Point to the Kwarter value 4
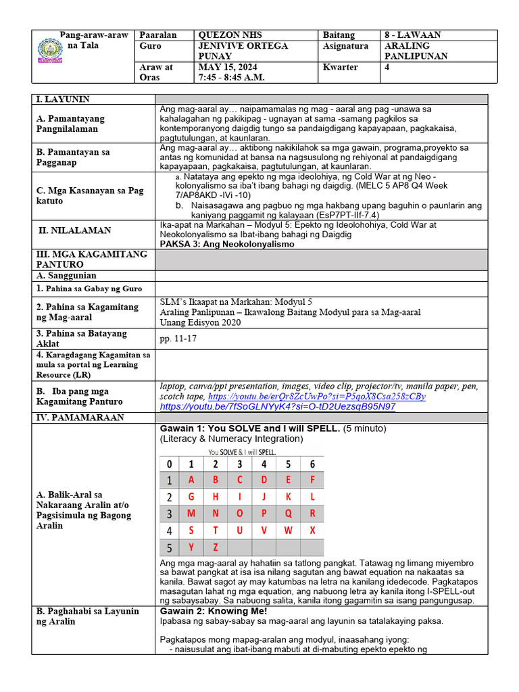tap(387, 68)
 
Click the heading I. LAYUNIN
tap(63, 99)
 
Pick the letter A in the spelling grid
tap(191, 480)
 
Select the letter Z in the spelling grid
tap(216, 547)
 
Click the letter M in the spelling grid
tap(191, 514)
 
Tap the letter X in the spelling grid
tap(312, 530)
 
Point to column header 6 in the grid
tap(312, 464)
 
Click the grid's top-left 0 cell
tap(168, 464)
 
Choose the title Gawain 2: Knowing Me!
tap(213, 611)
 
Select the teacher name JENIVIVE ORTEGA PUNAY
tap(243, 51)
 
